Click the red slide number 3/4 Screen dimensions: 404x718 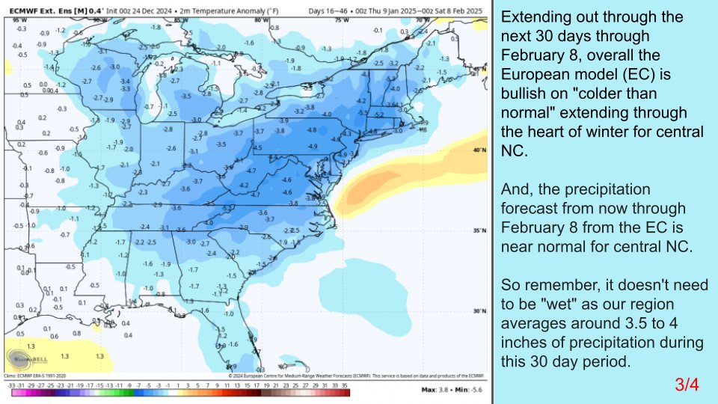tap(686, 385)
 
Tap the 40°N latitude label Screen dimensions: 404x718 tap(479, 150)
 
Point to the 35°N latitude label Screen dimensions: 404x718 tap(479, 230)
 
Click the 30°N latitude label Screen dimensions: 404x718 tap(479, 310)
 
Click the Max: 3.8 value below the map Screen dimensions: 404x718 tap(434, 390)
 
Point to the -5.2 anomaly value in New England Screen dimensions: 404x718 tap(379, 115)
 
